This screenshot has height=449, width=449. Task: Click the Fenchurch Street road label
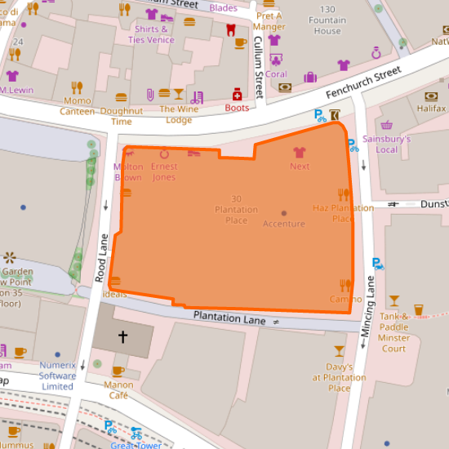pos(356,84)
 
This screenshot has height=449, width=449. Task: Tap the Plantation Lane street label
pos(229,318)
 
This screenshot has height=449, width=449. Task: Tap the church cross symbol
pos(123,336)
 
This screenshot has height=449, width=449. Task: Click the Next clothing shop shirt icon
pos(300,152)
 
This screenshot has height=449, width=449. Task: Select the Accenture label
pos(283,224)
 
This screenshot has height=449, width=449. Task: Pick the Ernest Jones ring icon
pos(164,153)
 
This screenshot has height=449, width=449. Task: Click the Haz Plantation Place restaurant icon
pos(344,194)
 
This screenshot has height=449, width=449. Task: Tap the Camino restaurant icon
pos(345,285)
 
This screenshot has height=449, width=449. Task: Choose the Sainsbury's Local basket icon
pos(386,126)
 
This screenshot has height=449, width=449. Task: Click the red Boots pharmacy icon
pos(237,94)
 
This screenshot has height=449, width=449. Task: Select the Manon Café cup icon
pos(118,371)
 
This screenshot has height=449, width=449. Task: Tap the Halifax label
pos(431,108)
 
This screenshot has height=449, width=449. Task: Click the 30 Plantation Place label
pos(236,209)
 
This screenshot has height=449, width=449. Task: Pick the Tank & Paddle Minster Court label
pos(394,332)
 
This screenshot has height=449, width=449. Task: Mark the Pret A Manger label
pos(269,21)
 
